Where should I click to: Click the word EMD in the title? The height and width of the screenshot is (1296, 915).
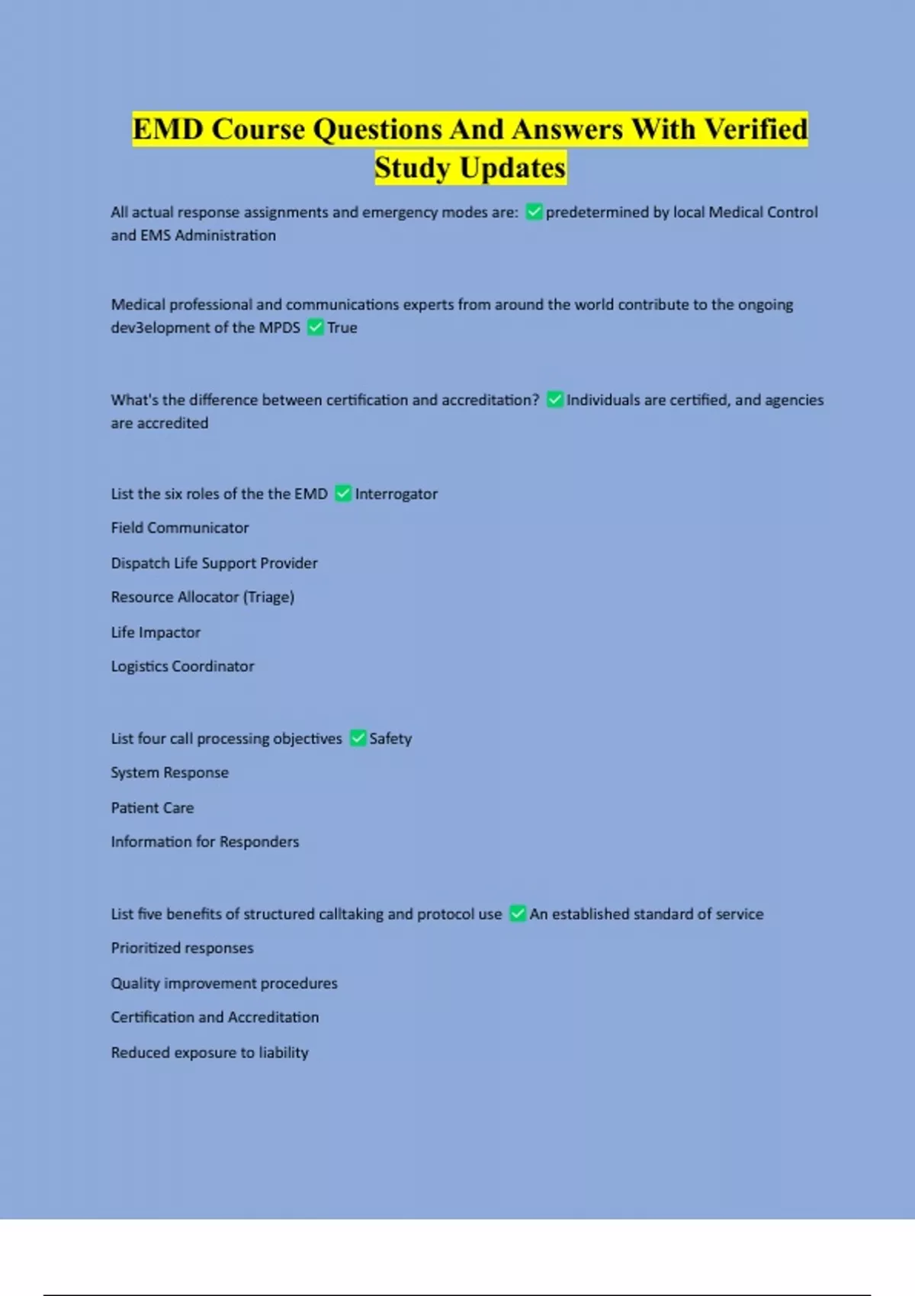[x=168, y=130]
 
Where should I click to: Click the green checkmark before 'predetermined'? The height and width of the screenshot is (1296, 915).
[x=534, y=212]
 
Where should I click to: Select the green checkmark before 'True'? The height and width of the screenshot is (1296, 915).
[x=315, y=328]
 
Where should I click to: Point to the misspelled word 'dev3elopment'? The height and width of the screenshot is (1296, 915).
[x=159, y=328]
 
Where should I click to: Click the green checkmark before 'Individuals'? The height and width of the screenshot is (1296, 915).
[x=555, y=399]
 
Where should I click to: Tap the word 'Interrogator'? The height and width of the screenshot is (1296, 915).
[x=396, y=494]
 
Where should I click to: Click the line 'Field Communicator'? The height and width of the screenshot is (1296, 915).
[x=180, y=528]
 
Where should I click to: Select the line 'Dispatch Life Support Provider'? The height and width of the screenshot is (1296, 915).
[x=214, y=563]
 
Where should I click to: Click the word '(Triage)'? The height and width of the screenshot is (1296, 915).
[x=268, y=597]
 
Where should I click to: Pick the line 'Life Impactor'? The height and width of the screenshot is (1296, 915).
[x=156, y=632]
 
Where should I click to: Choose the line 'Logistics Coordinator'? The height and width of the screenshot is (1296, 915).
[x=182, y=666]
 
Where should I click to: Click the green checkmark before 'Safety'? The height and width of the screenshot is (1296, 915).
[x=358, y=738]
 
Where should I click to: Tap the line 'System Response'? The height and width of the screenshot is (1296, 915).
[x=169, y=772]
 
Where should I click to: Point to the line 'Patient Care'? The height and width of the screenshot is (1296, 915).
[x=152, y=807]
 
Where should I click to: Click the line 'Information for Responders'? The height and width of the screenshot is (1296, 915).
[x=205, y=842]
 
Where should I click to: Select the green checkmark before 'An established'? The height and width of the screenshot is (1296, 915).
[x=518, y=913]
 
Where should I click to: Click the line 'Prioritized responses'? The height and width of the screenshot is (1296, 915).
[x=182, y=948]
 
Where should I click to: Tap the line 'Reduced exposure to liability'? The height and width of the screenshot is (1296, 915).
[x=210, y=1052]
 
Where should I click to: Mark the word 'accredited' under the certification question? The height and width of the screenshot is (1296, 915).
[x=172, y=423]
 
